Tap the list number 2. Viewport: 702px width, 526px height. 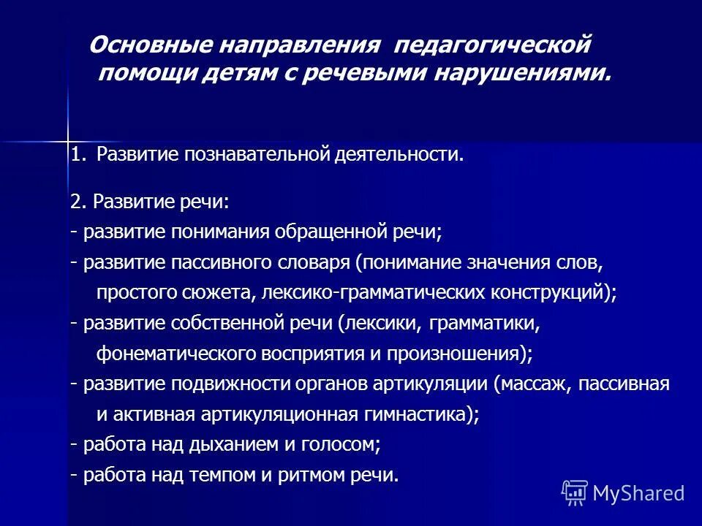coord(76,202)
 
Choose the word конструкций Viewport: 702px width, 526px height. coord(556,293)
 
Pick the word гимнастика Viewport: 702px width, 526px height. coord(415,415)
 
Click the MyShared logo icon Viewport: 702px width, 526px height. coord(575,493)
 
